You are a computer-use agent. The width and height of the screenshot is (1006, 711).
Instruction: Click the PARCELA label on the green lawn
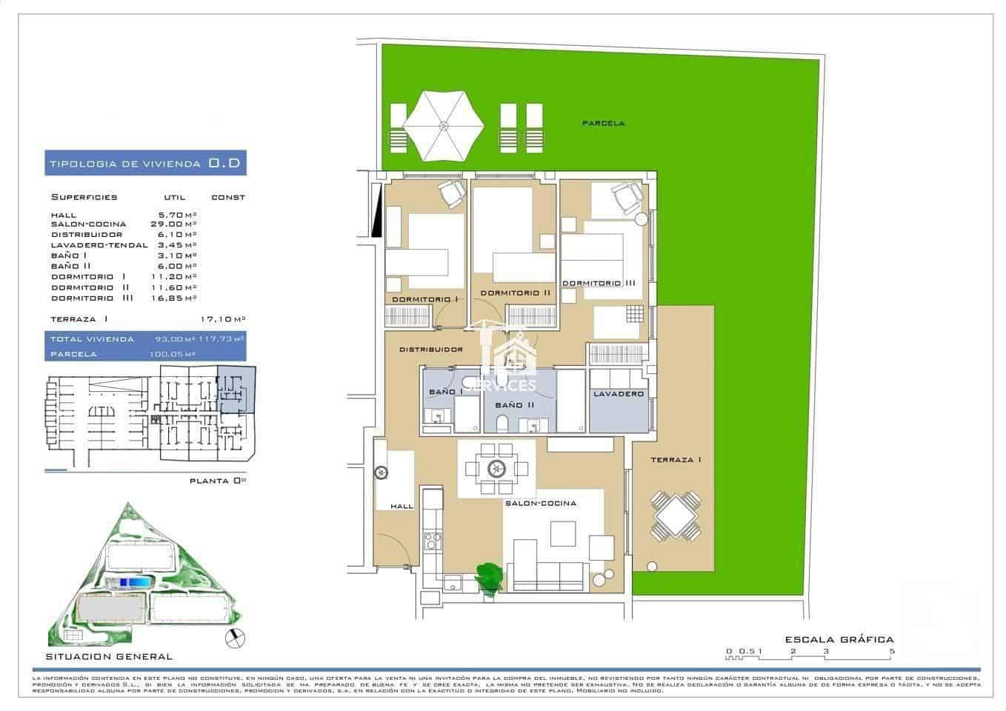602,123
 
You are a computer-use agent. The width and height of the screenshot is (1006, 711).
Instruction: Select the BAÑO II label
514,405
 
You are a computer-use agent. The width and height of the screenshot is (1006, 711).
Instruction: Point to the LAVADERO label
618,395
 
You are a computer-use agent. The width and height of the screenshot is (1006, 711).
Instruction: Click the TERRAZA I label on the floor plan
676,460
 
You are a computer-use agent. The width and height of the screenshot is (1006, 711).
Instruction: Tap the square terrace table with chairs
675,516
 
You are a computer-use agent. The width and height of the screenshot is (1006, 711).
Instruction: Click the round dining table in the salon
496,468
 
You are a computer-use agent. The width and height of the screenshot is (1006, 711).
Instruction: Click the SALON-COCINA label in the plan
540,504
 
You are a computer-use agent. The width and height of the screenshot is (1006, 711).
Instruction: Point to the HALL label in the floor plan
402,507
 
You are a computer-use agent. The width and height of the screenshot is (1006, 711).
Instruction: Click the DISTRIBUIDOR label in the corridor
430,350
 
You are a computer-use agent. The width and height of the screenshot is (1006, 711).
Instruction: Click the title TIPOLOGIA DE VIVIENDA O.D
145,164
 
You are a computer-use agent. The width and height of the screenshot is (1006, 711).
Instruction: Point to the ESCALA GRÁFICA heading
839,639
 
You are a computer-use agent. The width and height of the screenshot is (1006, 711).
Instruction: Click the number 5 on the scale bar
892,652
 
